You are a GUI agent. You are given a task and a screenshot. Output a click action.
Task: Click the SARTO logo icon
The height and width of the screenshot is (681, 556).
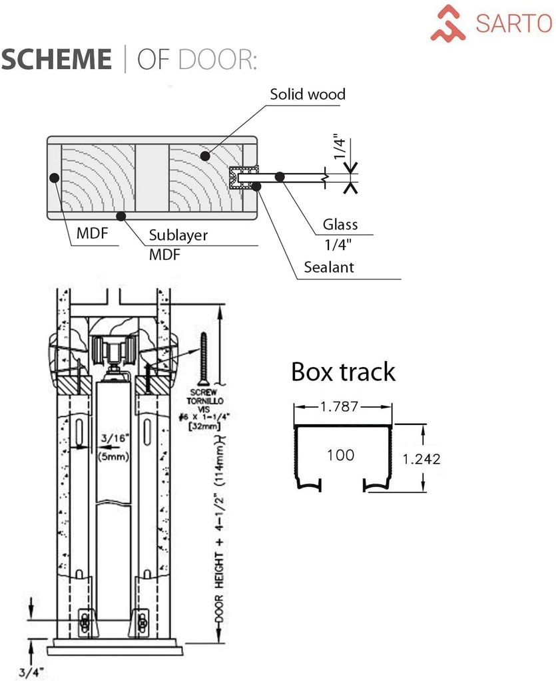447,23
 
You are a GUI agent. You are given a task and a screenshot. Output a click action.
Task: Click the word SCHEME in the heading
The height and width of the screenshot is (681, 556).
57,59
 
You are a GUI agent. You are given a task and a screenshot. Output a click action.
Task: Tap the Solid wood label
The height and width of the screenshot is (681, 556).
308,94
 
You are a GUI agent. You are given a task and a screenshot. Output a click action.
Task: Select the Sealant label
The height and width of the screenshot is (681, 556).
329,267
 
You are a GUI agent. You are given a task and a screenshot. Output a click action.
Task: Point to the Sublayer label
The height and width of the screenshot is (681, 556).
178,235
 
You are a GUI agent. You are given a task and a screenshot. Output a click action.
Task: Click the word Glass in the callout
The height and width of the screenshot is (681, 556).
340,224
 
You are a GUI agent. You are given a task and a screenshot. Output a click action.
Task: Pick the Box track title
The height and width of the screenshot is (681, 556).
343,372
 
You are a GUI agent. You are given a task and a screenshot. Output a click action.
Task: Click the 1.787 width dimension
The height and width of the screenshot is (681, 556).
339,406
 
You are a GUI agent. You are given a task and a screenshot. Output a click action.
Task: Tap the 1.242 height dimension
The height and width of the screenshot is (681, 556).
421,459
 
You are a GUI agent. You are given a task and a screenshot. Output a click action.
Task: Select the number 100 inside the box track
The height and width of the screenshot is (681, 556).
341,455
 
